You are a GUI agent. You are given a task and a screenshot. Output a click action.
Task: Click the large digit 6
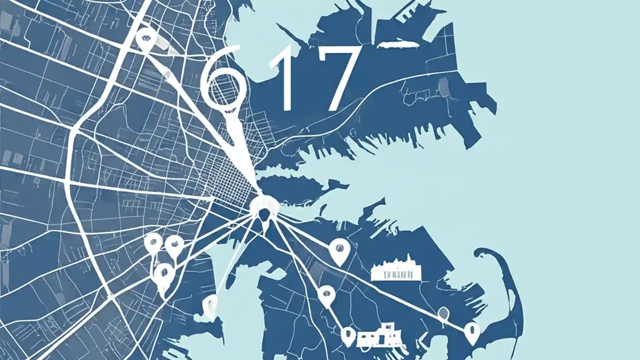[x=223, y=80]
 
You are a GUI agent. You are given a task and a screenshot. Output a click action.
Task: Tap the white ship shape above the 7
[x=397, y=44]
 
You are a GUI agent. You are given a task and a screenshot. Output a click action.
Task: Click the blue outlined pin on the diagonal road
[x=442, y=314]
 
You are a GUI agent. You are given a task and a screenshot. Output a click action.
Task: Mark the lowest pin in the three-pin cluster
[x=163, y=275]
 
